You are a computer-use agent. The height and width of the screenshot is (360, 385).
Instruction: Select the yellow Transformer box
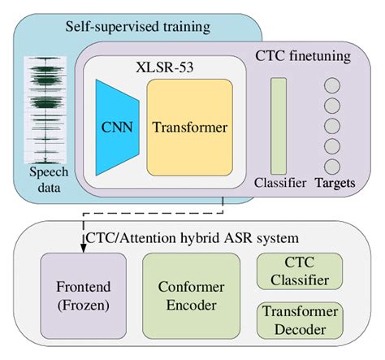point(188,127)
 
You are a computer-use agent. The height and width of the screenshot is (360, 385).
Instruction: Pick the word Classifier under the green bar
point(279,184)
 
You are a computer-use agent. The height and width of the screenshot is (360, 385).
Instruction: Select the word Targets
point(334,184)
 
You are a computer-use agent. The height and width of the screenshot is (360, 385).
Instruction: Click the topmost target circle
point(332,85)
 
